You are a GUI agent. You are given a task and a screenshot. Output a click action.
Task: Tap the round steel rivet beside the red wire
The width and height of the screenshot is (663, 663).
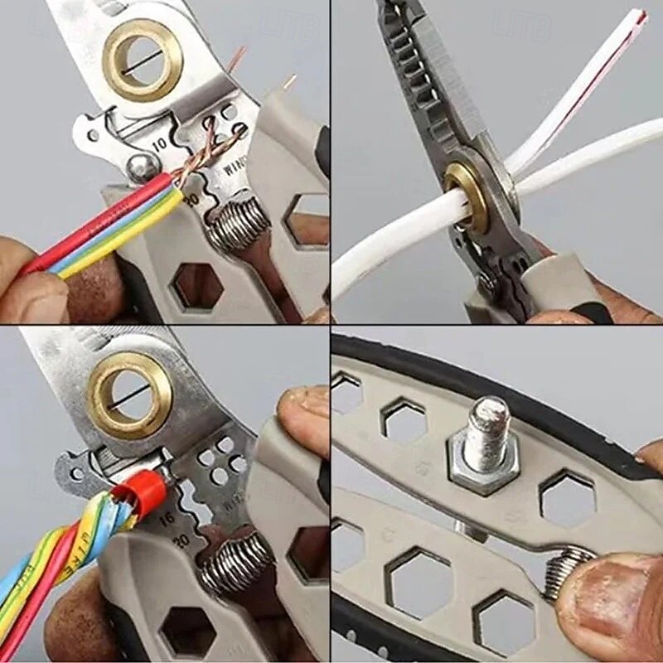point(140,169)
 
